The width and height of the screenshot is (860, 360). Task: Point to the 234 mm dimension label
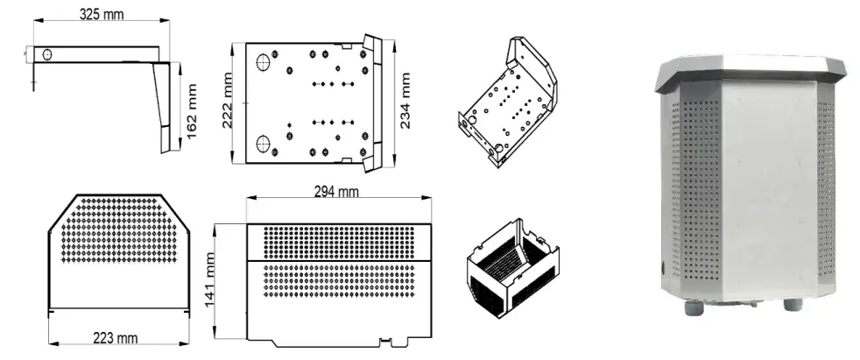(x=406, y=101)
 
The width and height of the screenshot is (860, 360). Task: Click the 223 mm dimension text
(x=116, y=336)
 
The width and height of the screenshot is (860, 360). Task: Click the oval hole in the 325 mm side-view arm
(x=47, y=54)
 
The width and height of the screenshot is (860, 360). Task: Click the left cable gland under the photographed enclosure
(x=697, y=306)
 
